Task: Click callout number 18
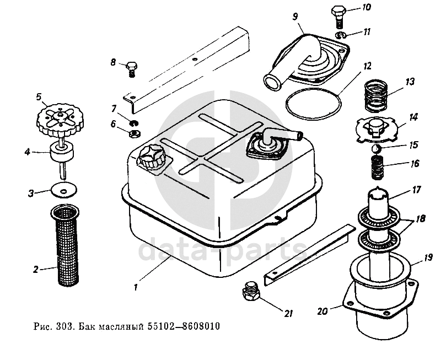tap(421, 218)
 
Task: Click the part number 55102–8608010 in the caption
tap(184, 326)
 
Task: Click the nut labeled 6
tap(133, 133)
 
